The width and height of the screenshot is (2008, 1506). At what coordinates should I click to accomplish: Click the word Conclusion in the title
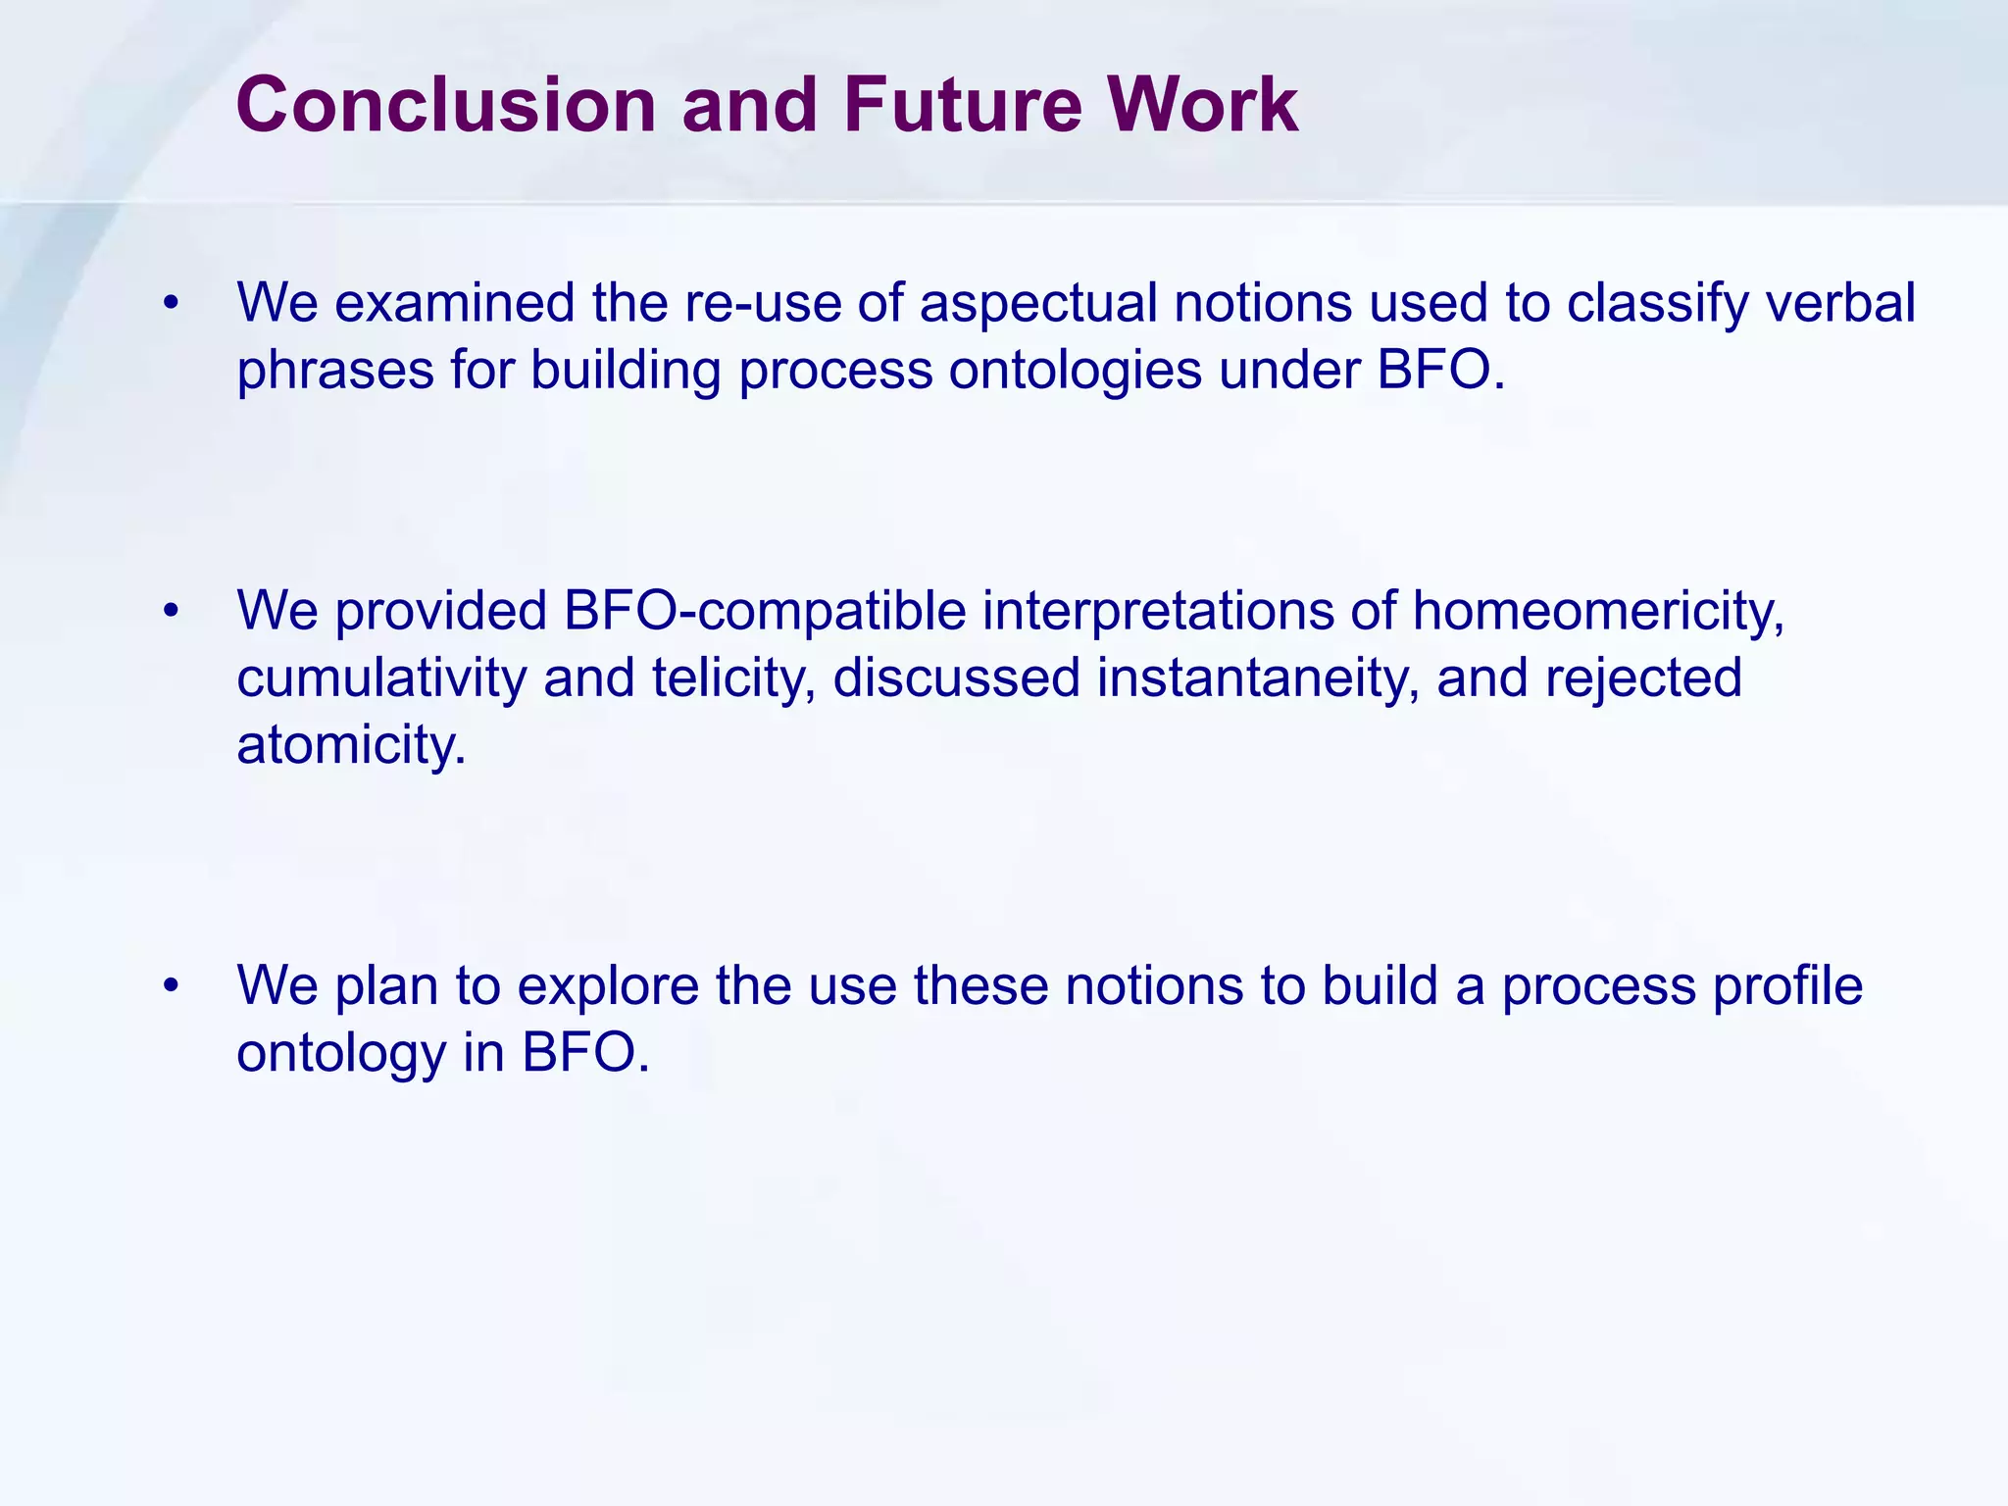(x=445, y=105)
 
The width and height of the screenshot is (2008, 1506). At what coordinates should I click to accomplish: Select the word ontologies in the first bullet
(x=1075, y=372)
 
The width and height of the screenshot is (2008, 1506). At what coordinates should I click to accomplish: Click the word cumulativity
(x=381, y=678)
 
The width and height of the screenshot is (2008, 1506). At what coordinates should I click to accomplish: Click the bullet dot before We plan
(x=173, y=986)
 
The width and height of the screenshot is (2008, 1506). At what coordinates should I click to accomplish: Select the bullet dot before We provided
(x=173, y=612)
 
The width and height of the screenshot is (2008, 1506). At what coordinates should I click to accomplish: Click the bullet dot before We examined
(x=173, y=304)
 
